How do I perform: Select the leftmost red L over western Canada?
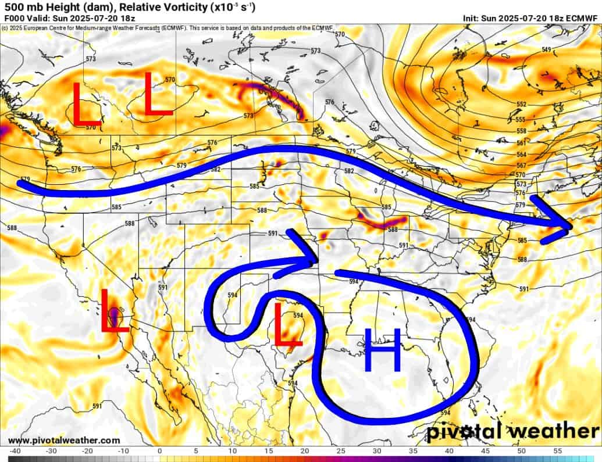[86, 105]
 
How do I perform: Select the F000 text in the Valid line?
[13, 19]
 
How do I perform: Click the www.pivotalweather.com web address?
[56, 440]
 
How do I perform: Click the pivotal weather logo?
[512, 432]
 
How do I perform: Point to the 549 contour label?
[546, 49]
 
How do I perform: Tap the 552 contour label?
[521, 104]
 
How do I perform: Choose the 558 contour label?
[521, 131]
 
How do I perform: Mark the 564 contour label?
[521, 155]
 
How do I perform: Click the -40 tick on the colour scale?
[15, 451]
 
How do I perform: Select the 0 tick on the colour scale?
[159, 451]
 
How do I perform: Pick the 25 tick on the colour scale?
[340, 451]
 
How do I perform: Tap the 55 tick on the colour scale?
[557, 451]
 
